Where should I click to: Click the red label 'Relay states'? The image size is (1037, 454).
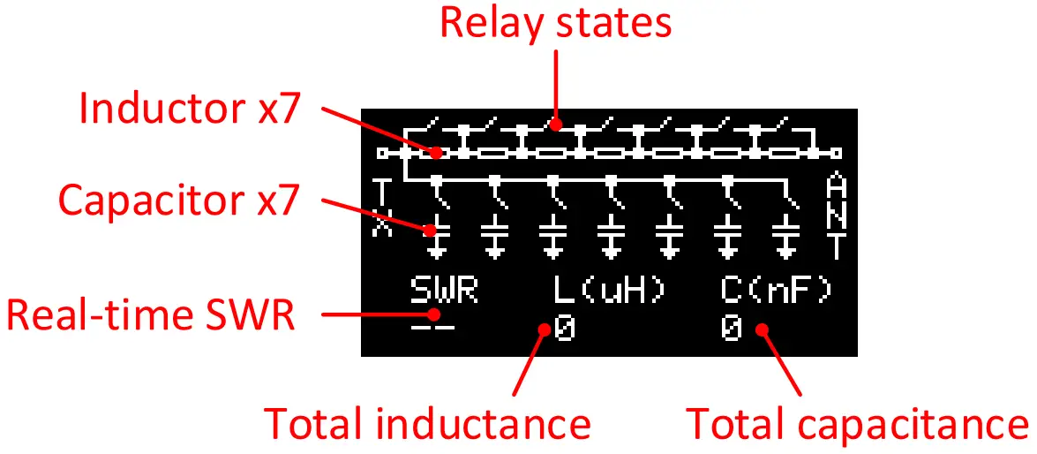pos(555,23)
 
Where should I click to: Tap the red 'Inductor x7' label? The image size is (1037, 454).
pos(191,109)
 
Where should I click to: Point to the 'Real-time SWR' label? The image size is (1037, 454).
pos(151,315)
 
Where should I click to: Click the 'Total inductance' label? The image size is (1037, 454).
pos(428,424)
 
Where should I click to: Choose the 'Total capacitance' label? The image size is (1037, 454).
pos(856,424)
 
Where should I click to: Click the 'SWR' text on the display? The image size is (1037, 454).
pos(444,290)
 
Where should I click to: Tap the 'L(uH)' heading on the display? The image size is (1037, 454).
pos(610,290)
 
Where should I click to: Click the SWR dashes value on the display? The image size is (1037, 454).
pos(433,329)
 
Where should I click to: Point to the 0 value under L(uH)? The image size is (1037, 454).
pos(564,329)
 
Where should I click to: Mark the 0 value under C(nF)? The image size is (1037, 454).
pos(732,329)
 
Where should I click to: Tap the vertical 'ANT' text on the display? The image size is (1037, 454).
pos(837,216)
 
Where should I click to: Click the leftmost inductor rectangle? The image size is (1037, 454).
pos(433,153)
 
